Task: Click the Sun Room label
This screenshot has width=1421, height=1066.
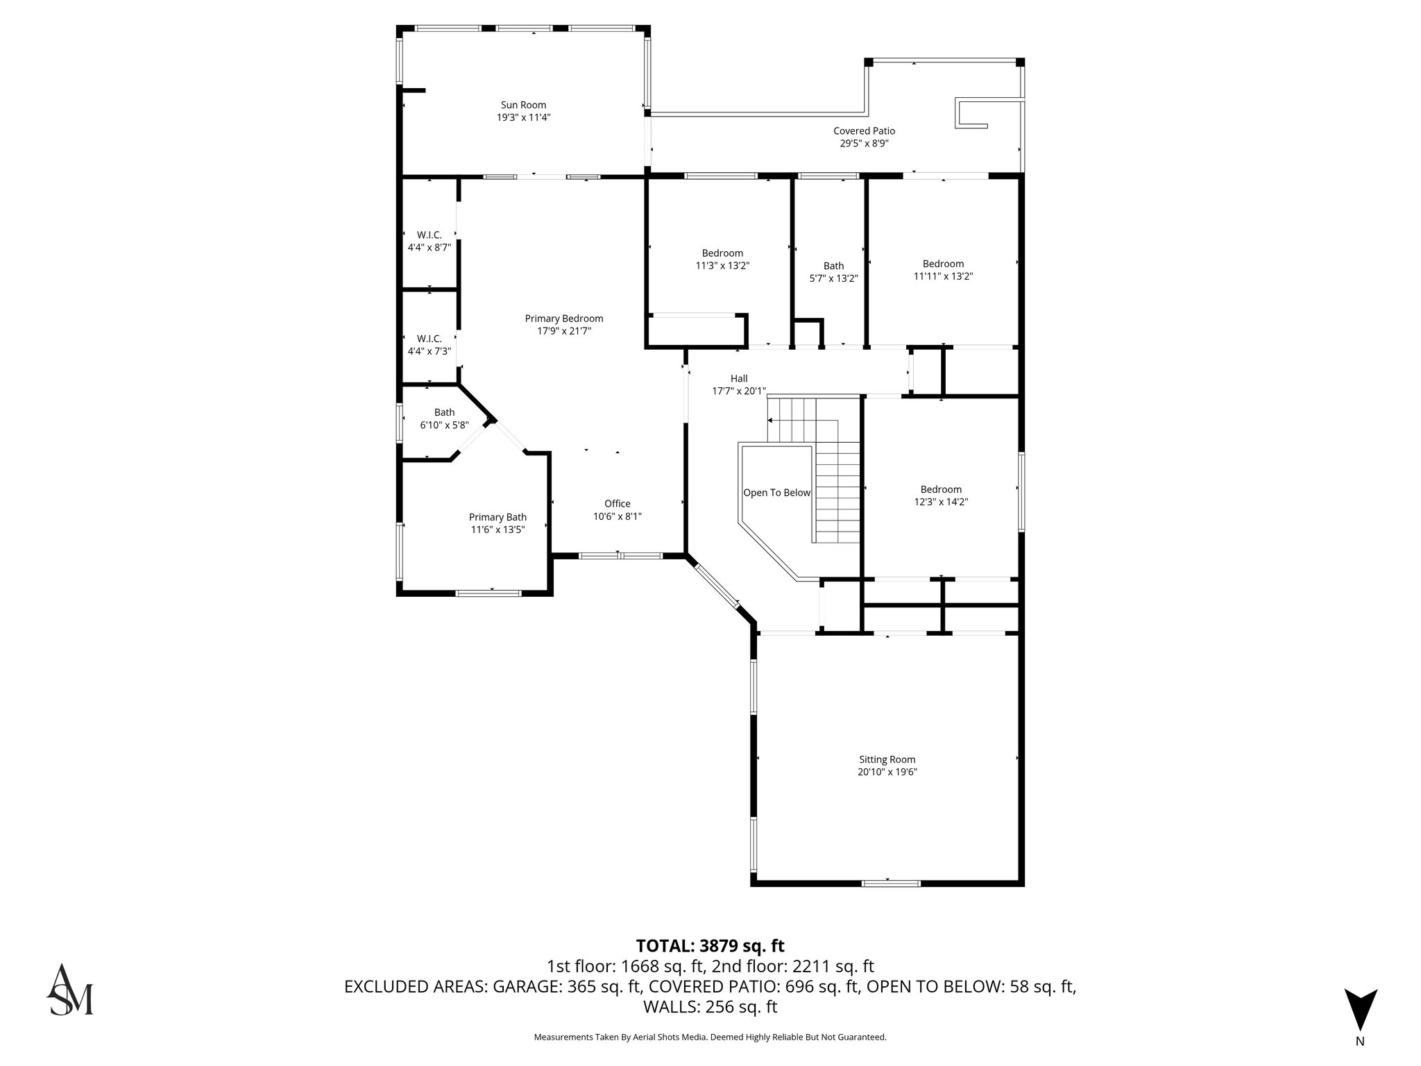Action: tap(523, 105)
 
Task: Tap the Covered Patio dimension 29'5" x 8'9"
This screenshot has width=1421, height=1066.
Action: tap(864, 144)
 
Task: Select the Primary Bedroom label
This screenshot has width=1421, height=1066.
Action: tap(563, 319)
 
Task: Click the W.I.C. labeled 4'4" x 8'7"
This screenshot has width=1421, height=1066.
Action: tap(429, 241)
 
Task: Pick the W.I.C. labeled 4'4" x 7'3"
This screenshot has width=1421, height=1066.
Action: tap(429, 345)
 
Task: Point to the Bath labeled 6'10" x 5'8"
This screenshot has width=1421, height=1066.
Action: tap(444, 418)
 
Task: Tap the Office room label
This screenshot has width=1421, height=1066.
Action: tap(617, 504)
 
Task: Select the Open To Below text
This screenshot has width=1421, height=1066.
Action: tap(776, 493)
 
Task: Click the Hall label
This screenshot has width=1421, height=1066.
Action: tap(739, 379)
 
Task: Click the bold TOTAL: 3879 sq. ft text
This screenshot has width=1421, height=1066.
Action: tap(710, 946)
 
